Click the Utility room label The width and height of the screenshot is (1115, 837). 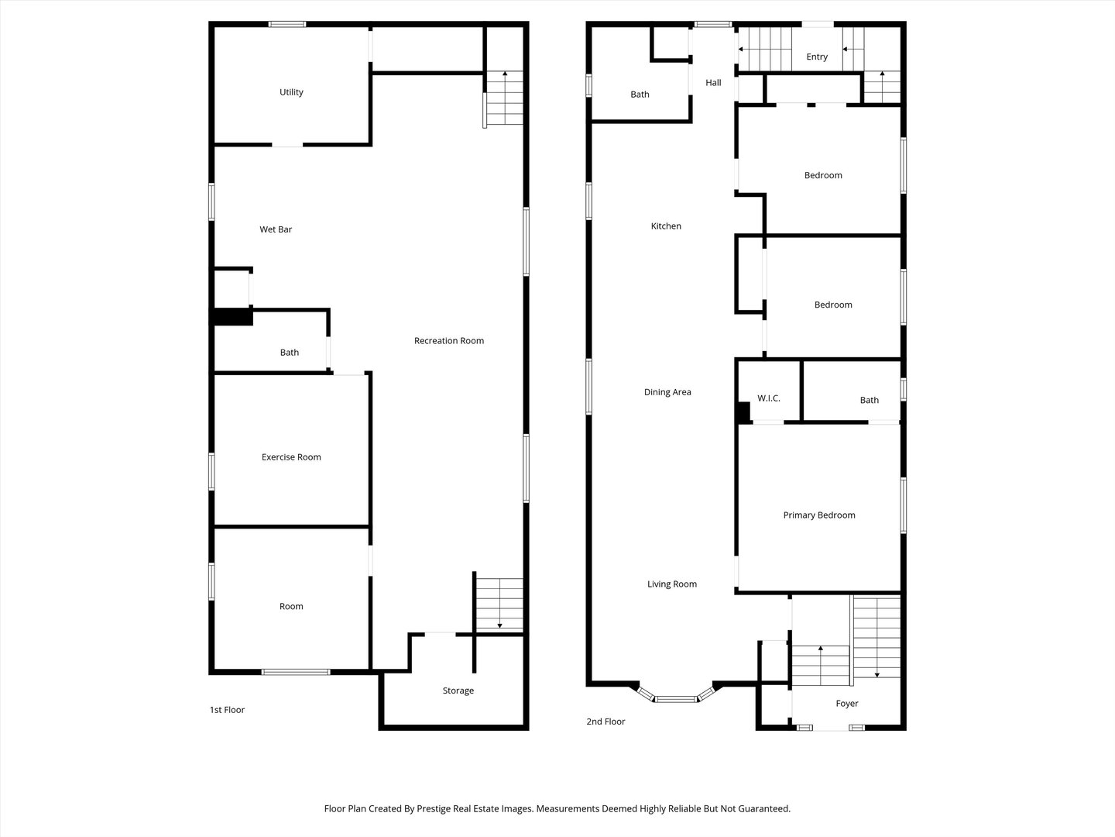tap(291, 92)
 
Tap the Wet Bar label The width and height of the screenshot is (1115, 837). tap(276, 229)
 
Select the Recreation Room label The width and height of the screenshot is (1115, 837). tap(448, 341)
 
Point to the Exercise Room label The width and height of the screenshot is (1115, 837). tap(291, 457)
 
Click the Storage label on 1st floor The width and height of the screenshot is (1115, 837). tap(458, 691)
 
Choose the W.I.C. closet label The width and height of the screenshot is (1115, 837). tap(768, 398)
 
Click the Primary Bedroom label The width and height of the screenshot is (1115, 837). tap(818, 515)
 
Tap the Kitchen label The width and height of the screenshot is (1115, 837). tap(666, 226)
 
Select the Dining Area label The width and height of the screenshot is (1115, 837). tap(667, 392)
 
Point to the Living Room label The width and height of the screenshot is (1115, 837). tap(671, 584)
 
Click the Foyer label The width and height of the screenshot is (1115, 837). tap(846, 704)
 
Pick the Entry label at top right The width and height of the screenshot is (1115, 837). tap(816, 57)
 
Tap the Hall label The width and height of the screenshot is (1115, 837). tap(713, 83)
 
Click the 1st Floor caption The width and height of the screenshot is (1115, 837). tap(227, 710)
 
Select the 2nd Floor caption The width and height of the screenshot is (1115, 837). tap(606, 722)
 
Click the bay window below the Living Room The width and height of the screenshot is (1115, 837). tap(675, 698)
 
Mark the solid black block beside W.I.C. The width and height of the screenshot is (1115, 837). tap(743, 412)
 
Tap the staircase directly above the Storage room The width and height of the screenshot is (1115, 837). tap(499, 605)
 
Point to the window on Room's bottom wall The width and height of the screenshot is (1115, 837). tap(296, 672)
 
